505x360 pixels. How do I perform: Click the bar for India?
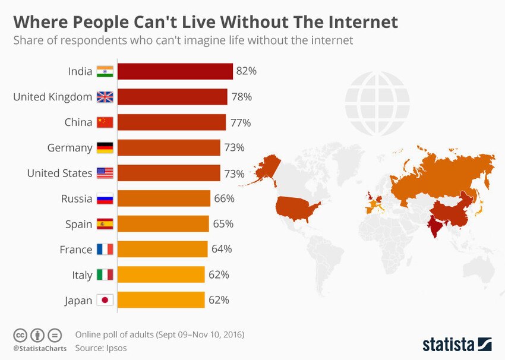pyautogui.click(x=175, y=71)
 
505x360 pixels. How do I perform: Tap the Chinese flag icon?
pyautogui.click(x=105, y=122)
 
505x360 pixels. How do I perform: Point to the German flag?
pyautogui.click(x=105, y=148)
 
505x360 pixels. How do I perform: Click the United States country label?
pyautogui.click(x=59, y=173)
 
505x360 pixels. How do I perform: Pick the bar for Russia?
pyautogui.click(x=163, y=198)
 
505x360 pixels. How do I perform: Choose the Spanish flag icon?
pyautogui.click(x=105, y=224)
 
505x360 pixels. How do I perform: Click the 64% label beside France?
pyautogui.click(x=222, y=250)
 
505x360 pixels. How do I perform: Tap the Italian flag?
pyautogui.click(x=105, y=275)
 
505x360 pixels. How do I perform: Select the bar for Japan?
pyautogui.click(x=160, y=300)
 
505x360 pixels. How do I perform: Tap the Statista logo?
pyautogui.click(x=457, y=344)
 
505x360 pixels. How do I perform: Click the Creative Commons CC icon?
pyautogui.click(x=21, y=334)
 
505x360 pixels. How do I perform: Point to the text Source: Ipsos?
pyautogui.click(x=100, y=348)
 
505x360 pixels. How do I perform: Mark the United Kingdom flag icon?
pyautogui.click(x=105, y=97)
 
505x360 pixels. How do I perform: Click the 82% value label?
pyautogui.click(x=246, y=71)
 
